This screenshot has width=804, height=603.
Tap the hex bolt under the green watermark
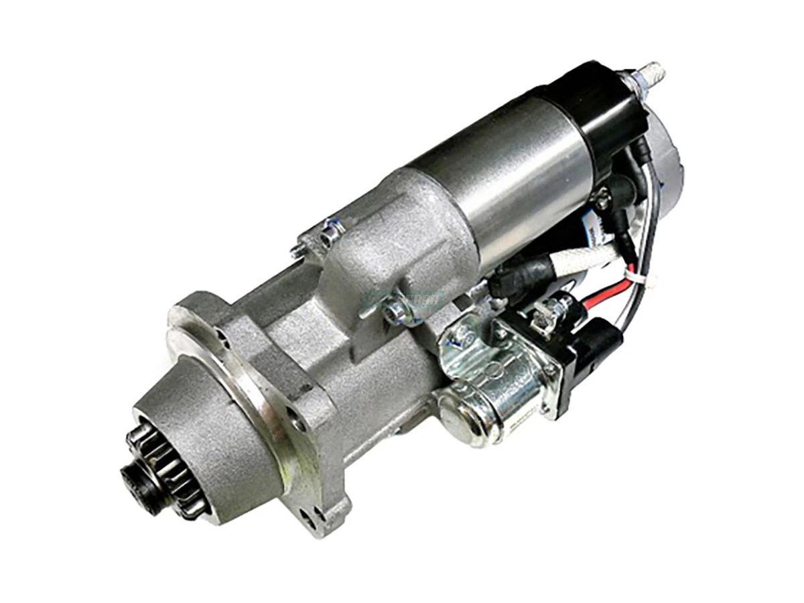click(395, 312)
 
